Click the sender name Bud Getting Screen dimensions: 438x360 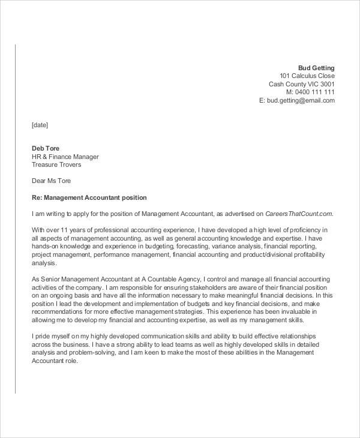coord(316,67)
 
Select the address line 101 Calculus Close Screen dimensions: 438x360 coord(307,76)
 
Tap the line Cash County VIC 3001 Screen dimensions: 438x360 coord(301,84)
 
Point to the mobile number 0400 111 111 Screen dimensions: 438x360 coord(315,92)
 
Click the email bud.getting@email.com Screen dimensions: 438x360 coord(301,101)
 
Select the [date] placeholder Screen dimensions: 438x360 coord(40,125)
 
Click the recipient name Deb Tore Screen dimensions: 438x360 coord(46,148)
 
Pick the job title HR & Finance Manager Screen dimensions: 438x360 coord(65,157)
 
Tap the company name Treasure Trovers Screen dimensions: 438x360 coord(56,164)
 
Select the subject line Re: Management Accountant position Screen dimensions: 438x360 coord(89,197)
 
